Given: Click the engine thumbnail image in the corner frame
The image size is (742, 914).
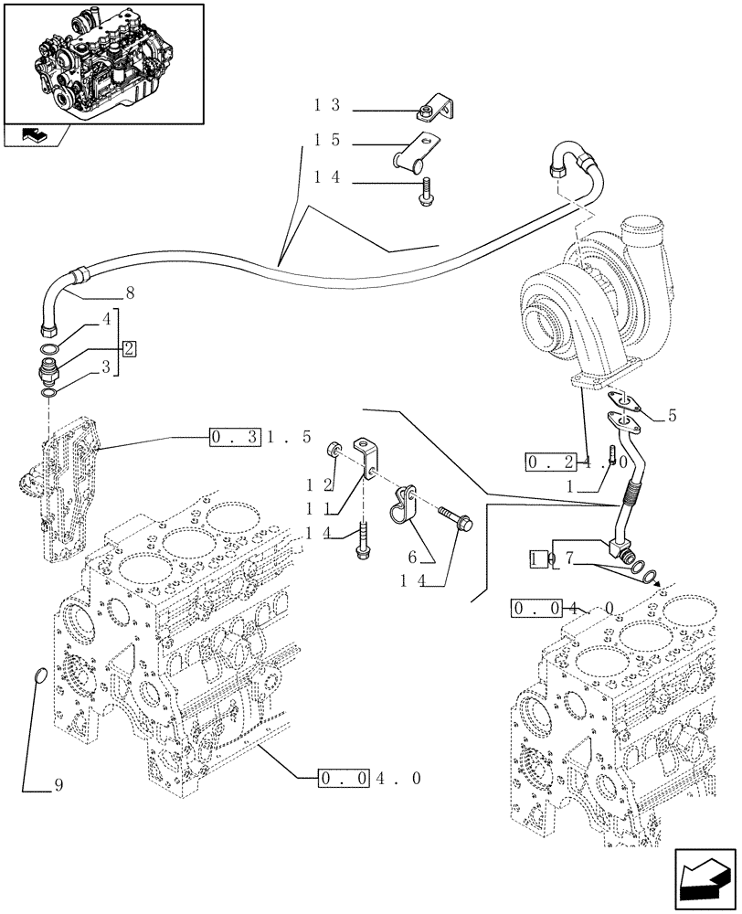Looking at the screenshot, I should pos(102,62).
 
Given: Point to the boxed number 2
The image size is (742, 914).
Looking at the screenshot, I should pos(129,348).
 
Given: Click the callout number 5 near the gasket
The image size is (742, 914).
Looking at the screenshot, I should pos(672,415).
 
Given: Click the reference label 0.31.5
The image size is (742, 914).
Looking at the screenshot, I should pos(260,437).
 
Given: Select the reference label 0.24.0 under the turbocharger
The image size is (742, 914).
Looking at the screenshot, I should pos(576,462).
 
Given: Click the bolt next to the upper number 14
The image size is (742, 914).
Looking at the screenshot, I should pos(426,194).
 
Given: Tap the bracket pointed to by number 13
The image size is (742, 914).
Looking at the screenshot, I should pos(433,111).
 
